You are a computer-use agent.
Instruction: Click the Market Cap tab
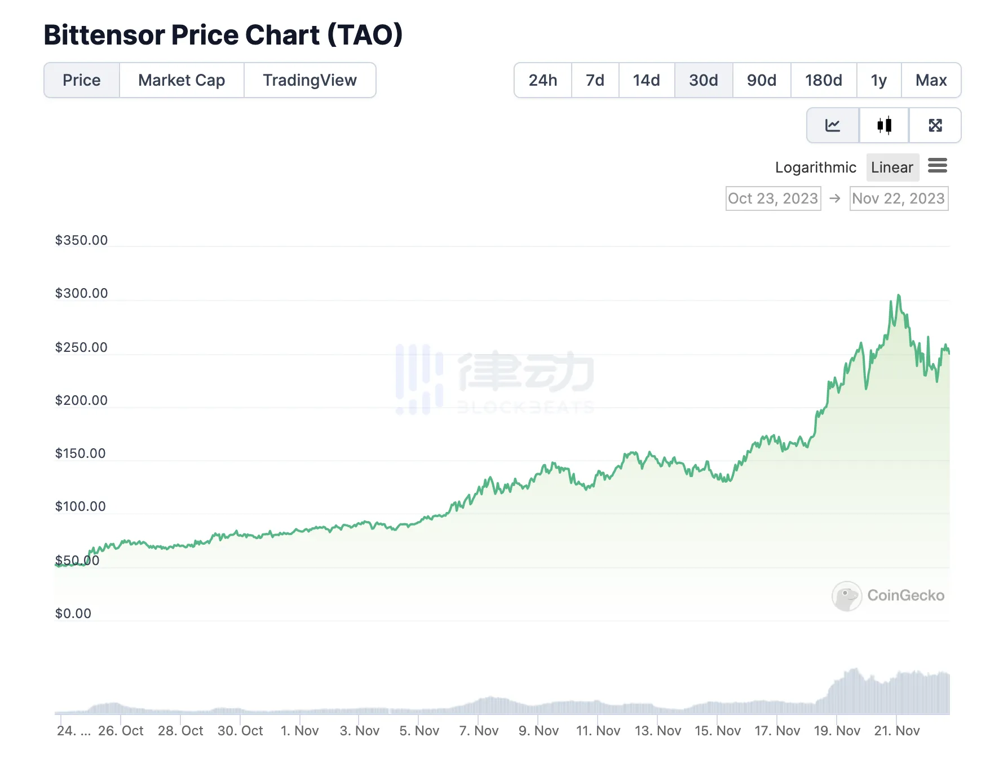click(x=182, y=80)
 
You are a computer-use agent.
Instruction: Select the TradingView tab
click(x=310, y=80)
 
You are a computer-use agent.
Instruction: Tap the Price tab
click(x=82, y=80)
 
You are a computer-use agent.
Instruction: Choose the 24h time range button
click(x=542, y=80)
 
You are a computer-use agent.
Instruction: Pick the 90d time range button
click(x=761, y=80)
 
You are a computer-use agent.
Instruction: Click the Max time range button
click(x=931, y=80)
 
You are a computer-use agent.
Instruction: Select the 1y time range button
click(x=878, y=80)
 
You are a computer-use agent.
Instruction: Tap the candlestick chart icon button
click(x=884, y=125)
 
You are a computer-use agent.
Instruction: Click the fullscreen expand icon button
click(x=935, y=125)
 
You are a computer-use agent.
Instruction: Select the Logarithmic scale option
click(x=815, y=167)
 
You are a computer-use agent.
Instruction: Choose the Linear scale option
click(x=892, y=167)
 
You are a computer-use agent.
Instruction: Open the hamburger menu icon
click(x=938, y=166)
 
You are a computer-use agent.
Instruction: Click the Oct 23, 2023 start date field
click(x=773, y=198)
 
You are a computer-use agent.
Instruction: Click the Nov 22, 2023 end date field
click(x=899, y=198)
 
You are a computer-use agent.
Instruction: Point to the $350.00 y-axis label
click(x=81, y=240)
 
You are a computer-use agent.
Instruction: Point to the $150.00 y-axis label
click(x=80, y=453)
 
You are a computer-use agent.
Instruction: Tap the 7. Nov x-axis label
click(x=479, y=731)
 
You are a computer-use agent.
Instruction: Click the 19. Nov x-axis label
click(x=837, y=731)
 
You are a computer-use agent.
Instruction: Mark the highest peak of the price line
click(x=899, y=295)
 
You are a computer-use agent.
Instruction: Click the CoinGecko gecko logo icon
click(x=846, y=596)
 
